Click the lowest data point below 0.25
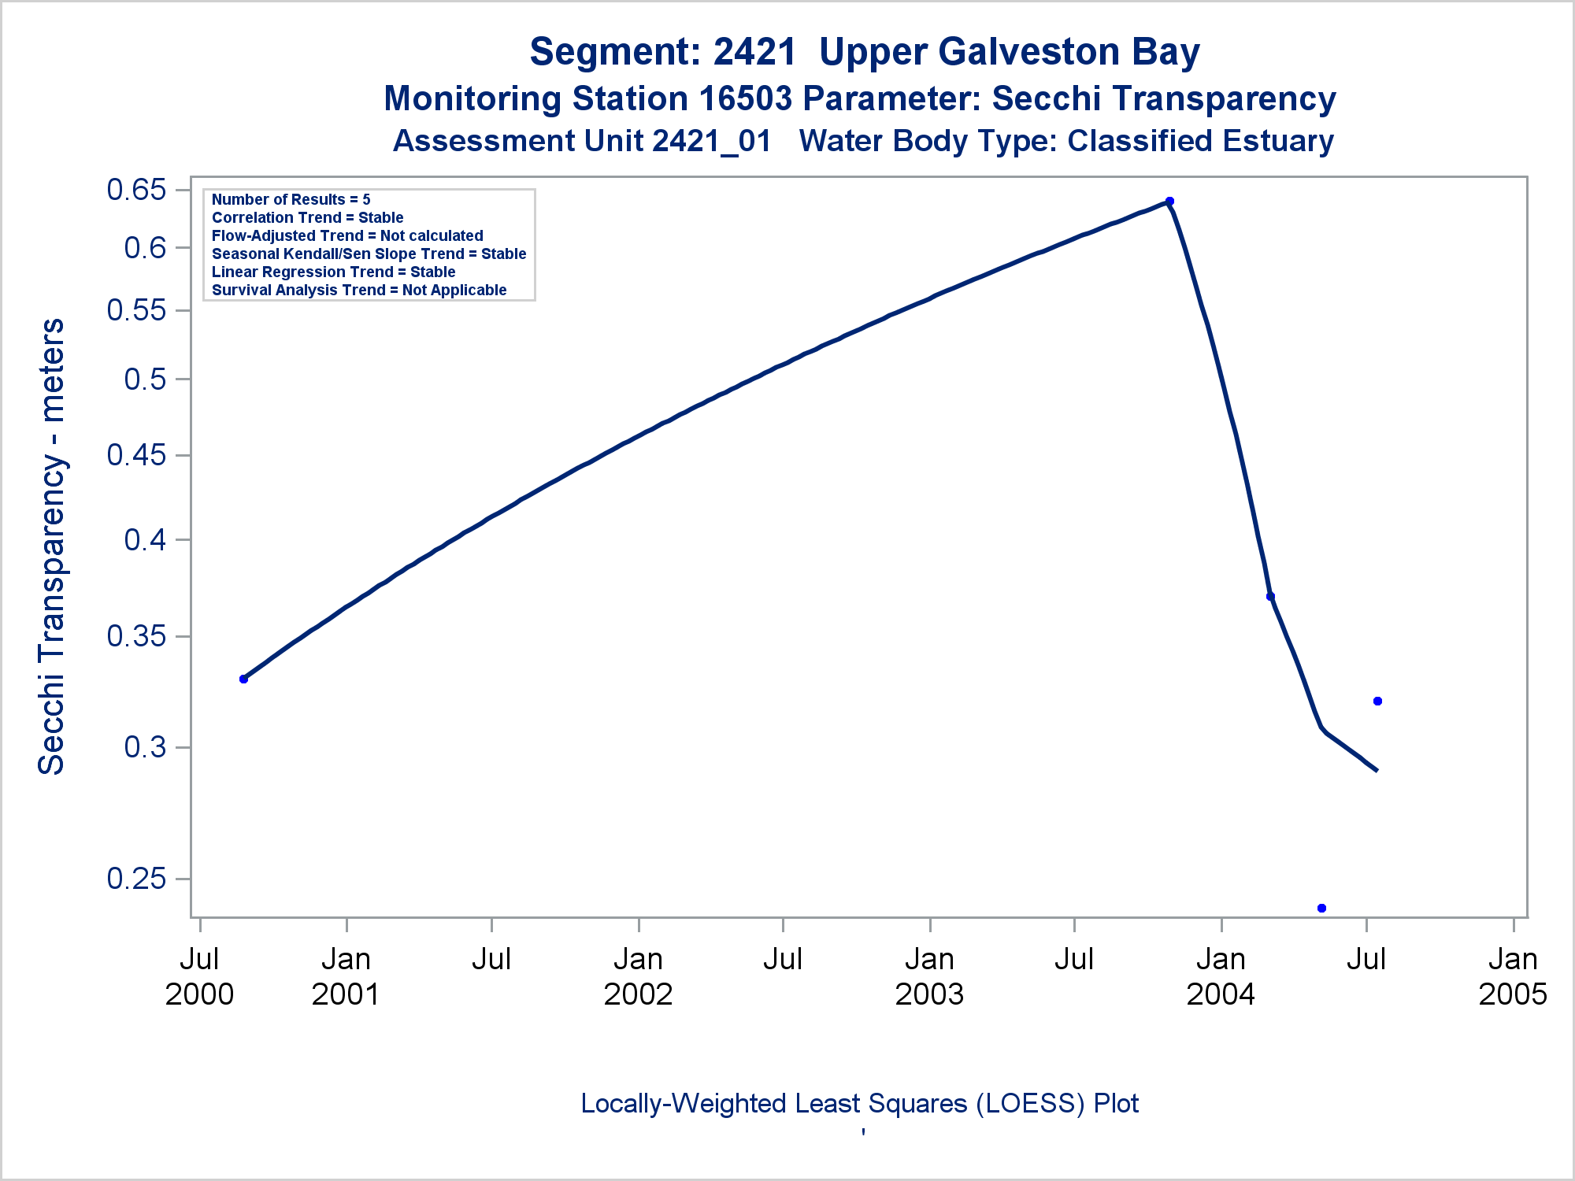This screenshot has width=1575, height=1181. [x=1321, y=908]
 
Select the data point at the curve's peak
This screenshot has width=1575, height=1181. [x=1169, y=201]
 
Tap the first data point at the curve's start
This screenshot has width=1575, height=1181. [x=243, y=679]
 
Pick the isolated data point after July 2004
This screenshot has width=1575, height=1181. [x=1377, y=701]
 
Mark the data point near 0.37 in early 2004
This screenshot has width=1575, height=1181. [x=1270, y=596]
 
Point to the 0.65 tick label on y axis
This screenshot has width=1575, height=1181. [x=137, y=190]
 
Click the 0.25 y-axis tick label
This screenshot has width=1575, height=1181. [x=137, y=878]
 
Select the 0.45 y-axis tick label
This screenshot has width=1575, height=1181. [x=137, y=454]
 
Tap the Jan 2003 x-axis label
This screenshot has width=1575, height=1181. [x=929, y=976]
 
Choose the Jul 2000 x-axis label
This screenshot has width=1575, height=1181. [x=199, y=976]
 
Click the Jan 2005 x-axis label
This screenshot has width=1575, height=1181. [x=1512, y=976]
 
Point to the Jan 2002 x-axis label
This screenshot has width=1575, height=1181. [x=638, y=976]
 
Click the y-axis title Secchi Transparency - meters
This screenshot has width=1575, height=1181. [x=52, y=546]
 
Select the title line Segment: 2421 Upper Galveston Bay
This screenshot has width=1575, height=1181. [x=864, y=52]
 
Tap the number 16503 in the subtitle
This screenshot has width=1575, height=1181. [x=745, y=98]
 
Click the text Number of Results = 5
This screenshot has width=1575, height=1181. [x=291, y=199]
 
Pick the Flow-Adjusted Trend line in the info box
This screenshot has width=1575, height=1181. [x=347, y=235]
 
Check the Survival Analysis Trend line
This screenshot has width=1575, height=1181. [x=359, y=290]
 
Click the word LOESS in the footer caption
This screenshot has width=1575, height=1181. [x=1034, y=1103]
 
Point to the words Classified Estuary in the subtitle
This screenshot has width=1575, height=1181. [x=1200, y=141]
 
